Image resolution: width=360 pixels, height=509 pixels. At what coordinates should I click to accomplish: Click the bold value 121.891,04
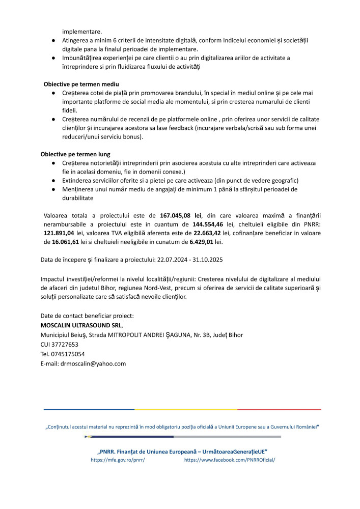pos(59,233)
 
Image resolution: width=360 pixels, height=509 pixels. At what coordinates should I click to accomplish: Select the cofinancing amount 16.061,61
pos(59,242)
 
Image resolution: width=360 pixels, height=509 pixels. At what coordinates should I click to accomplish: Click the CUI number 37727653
pos(64,345)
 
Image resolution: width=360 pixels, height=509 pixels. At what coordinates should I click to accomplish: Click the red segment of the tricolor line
pos(279,409)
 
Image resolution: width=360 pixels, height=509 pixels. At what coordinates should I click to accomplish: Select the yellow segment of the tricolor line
pos(186,409)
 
